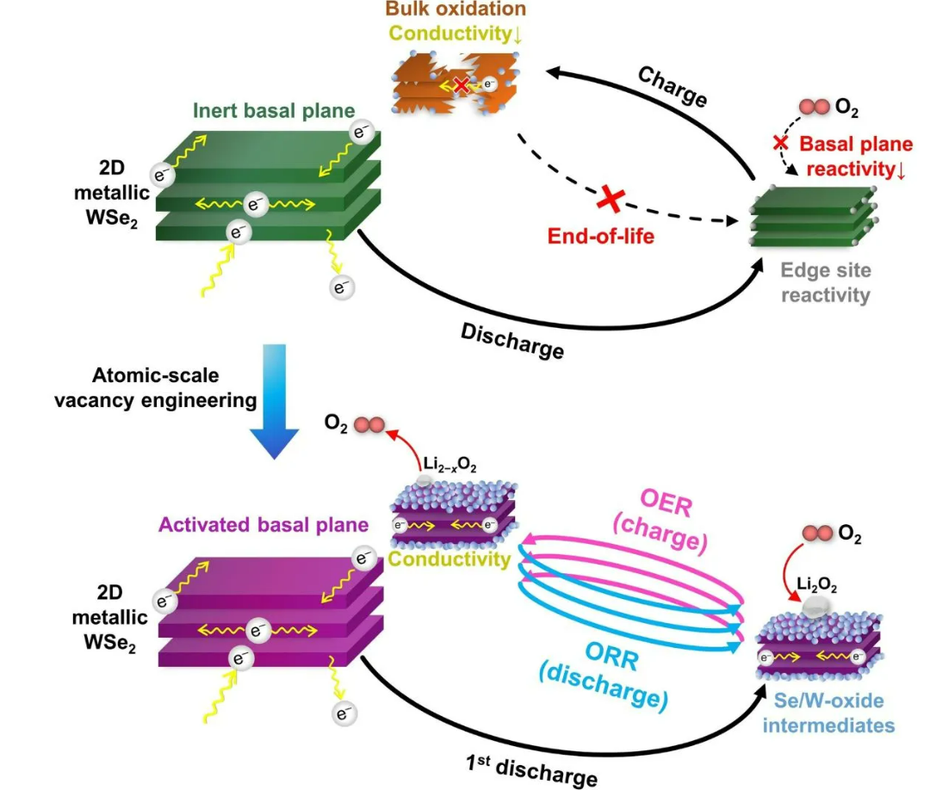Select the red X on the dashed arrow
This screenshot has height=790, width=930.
pos(611,199)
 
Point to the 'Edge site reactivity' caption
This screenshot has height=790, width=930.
pos(826,282)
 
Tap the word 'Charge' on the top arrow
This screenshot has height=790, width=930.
pos(673,86)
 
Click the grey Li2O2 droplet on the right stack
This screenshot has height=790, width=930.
pos(815,608)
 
